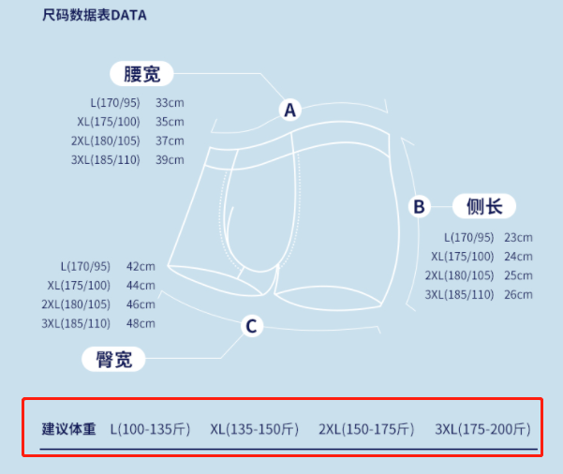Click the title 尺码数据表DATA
pyautogui.click(x=94, y=16)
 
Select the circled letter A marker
pyautogui.click(x=289, y=110)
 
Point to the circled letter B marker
pyautogui.click(x=419, y=206)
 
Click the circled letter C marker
pyautogui.click(x=250, y=326)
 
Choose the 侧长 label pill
pyautogui.click(x=484, y=206)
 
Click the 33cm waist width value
pyautogui.click(x=170, y=102)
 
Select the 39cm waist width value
pyautogui.click(x=170, y=159)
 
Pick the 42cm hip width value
pyautogui.click(x=141, y=266)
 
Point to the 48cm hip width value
pyautogui.click(x=141, y=323)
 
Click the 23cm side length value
pyautogui.click(x=518, y=238)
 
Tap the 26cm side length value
pyautogui.click(x=518, y=294)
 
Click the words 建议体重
pyautogui.click(x=68, y=430)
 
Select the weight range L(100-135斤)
pyautogui.click(x=150, y=430)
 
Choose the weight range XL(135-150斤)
pyautogui.click(x=254, y=430)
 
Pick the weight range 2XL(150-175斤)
pyautogui.click(x=366, y=430)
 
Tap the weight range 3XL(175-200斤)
pyautogui.click(x=482, y=430)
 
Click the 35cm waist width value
pyautogui.click(x=170, y=122)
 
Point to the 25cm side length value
pyautogui.click(x=518, y=275)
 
